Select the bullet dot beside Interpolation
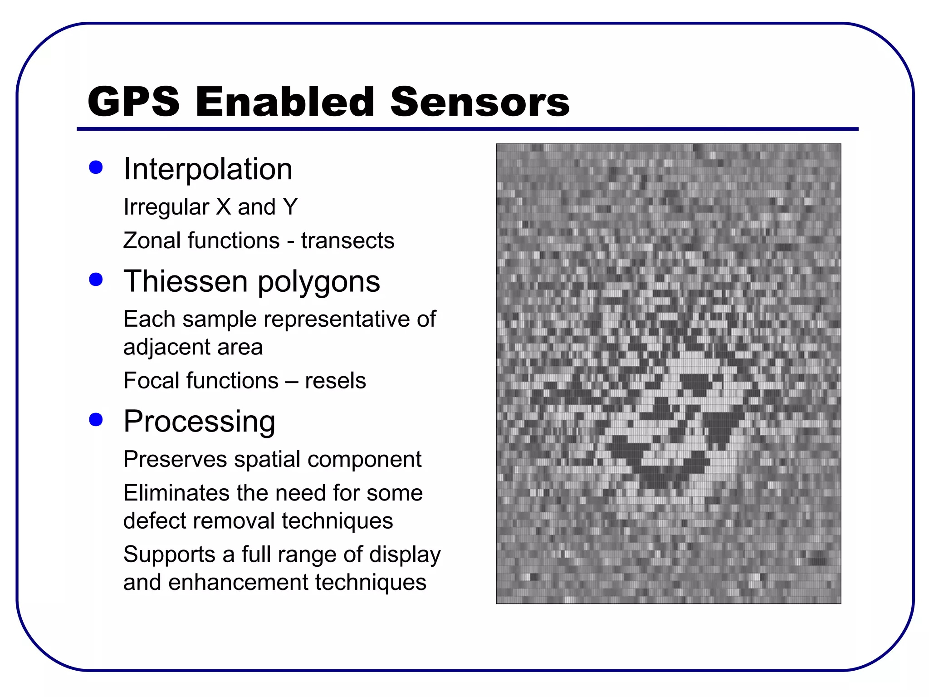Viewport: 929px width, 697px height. click(x=96, y=167)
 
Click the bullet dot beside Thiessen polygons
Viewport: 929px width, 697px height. click(x=96, y=279)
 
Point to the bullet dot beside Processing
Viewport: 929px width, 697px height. click(x=96, y=419)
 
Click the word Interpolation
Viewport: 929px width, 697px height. click(x=208, y=169)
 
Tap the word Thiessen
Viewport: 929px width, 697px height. click(x=186, y=281)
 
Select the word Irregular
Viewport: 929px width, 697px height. click(x=166, y=207)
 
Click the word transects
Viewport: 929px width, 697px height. click(x=347, y=241)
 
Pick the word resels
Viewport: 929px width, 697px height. click(x=335, y=381)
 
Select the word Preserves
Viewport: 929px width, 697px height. click(x=175, y=459)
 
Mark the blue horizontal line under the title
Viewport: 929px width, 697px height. click(x=467, y=129)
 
